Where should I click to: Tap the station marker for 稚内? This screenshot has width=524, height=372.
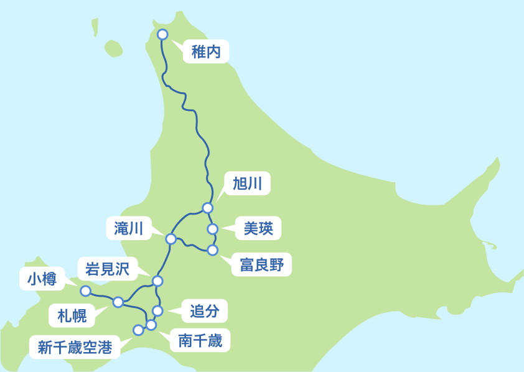[x=162, y=34]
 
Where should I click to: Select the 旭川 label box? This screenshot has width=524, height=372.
[x=247, y=183]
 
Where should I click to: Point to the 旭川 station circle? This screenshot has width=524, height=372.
[x=208, y=208]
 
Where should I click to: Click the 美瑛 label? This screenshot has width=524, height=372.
[x=258, y=228]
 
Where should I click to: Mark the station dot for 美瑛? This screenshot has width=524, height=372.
[x=213, y=229]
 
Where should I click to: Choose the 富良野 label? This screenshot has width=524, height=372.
[x=261, y=265]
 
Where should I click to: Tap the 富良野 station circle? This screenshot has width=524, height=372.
[x=213, y=250]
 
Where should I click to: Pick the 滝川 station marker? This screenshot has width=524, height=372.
[x=171, y=239]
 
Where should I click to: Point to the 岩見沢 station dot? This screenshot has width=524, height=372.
[x=157, y=281]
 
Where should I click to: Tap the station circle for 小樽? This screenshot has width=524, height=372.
[x=86, y=291]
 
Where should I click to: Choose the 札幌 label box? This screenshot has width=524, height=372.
[x=72, y=315]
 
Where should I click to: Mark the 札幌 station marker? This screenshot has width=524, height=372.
[x=118, y=302]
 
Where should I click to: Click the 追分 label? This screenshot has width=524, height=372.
[x=204, y=310]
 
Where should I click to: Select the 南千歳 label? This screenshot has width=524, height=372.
[x=204, y=340]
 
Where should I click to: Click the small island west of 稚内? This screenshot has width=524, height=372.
[x=113, y=48]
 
